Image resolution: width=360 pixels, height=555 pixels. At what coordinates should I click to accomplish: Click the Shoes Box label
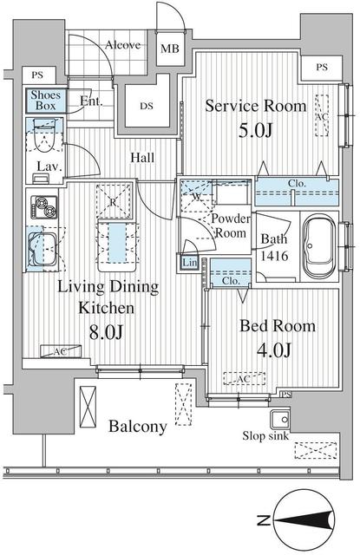click(46, 101)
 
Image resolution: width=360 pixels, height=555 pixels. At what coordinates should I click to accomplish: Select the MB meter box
click(170, 49)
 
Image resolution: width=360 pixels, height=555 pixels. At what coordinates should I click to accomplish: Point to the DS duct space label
click(147, 106)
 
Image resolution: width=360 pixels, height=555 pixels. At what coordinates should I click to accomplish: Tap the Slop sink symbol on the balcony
click(280, 419)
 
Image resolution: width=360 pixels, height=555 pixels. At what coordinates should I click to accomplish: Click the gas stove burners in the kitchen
click(44, 207)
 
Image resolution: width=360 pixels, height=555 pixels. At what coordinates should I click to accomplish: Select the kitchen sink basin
click(43, 248)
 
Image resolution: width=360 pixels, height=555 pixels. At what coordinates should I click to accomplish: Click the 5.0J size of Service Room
click(256, 130)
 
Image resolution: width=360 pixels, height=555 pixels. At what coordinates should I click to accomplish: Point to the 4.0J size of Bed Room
click(274, 350)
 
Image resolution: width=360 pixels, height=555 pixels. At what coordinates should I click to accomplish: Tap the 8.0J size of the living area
click(106, 332)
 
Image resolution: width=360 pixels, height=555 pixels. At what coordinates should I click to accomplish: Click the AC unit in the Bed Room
click(245, 379)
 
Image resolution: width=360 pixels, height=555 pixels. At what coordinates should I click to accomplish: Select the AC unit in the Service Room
click(322, 115)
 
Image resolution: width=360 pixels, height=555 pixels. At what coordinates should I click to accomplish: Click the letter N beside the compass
click(264, 520)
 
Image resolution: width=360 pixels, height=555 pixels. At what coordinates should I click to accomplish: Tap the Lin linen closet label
click(189, 263)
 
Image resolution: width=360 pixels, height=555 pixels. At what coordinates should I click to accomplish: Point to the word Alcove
click(123, 45)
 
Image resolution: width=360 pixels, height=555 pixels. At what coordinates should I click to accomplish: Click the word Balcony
click(138, 426)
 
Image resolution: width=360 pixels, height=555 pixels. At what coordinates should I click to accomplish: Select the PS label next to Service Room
click(322, 67)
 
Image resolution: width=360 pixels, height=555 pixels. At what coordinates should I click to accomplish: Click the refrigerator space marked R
click(114, 202)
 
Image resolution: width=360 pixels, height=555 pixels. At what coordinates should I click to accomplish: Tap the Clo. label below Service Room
click(297, 184)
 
